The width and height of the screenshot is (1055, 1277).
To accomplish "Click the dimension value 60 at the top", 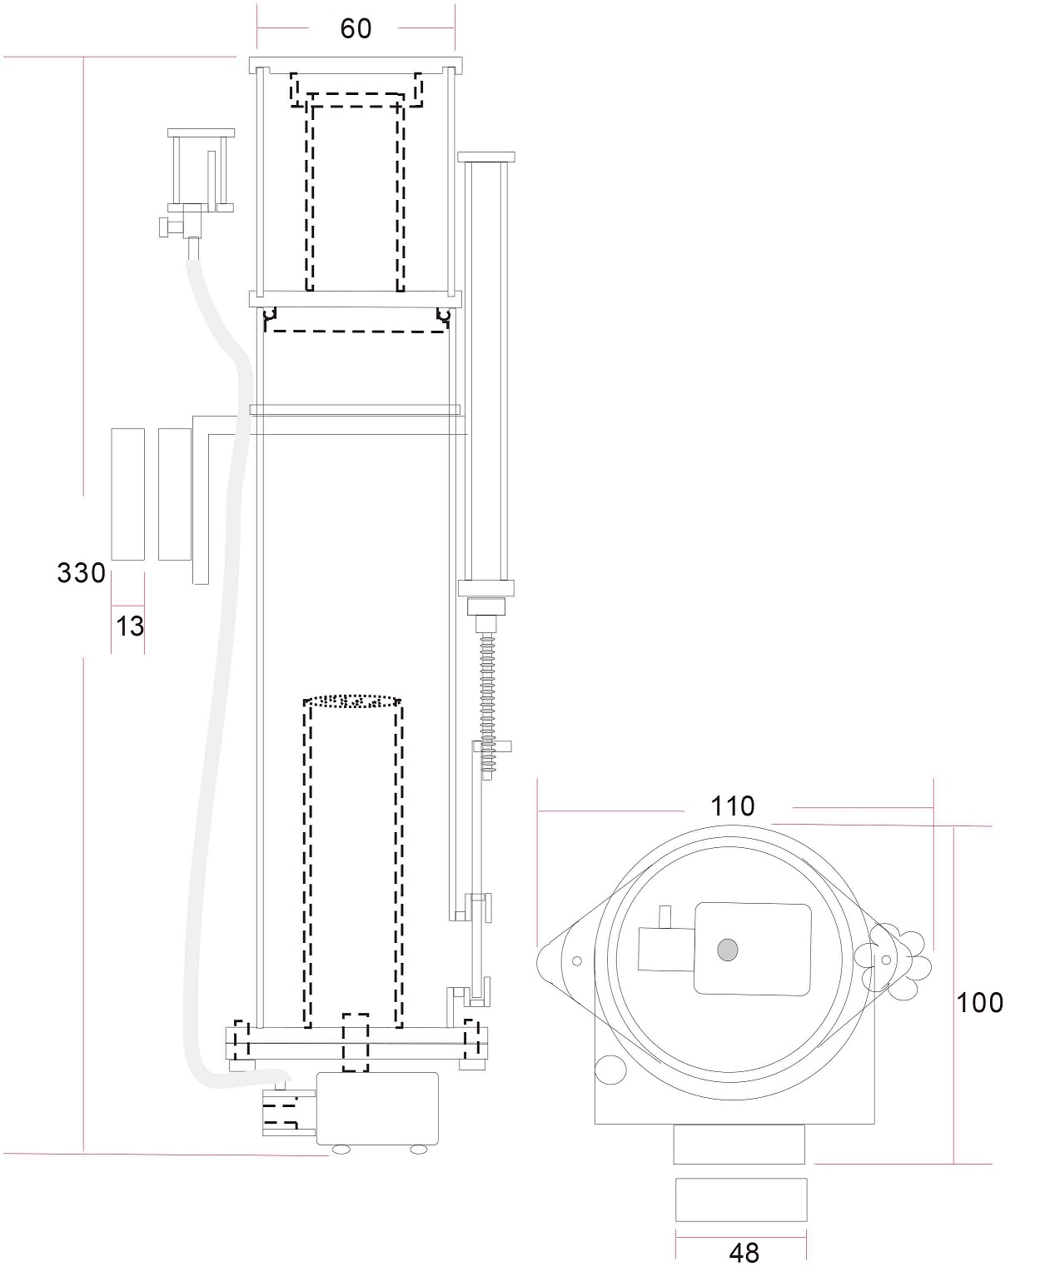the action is [356, 29].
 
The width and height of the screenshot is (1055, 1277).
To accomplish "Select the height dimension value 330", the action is [82, 573].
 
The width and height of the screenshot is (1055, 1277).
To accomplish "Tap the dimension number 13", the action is [130, 626].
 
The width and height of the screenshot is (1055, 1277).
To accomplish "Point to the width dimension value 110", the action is [732, 806].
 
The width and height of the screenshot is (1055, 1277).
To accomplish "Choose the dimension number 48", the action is [744, 1253].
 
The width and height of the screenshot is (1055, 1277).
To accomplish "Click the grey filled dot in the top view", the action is [728, 950].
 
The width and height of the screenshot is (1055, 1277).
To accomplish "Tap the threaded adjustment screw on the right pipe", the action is [487, 706].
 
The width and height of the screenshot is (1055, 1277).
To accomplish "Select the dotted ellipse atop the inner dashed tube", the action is [352, 701].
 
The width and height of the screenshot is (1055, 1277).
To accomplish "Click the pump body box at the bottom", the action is [377, 1108].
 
